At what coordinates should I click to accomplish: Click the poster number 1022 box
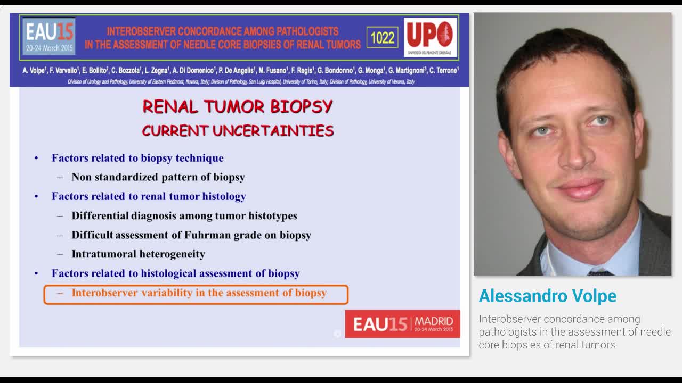tap(382, 38)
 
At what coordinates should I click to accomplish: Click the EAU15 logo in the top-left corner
tap(49, 36)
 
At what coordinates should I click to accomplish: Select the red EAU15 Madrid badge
tap(402, 323)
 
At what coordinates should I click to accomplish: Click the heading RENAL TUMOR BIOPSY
tap(238, 106)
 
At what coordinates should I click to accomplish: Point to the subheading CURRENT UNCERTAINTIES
tap(238, 131)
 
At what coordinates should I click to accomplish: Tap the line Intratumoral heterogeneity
tap(138, 254)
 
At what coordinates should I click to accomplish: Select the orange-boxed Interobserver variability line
tap(199, 293)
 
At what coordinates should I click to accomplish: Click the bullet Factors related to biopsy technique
tap(137, 158)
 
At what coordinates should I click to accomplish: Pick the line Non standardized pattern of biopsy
tap(158, 177)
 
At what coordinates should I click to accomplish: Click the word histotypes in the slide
tap(273, 216)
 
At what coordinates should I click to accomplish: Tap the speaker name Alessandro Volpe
tap(547, 296)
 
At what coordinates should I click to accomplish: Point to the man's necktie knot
tap(600, 272)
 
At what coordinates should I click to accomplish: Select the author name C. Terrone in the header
tap(444, 70)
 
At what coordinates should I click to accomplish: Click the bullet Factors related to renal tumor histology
tap(149, 196)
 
